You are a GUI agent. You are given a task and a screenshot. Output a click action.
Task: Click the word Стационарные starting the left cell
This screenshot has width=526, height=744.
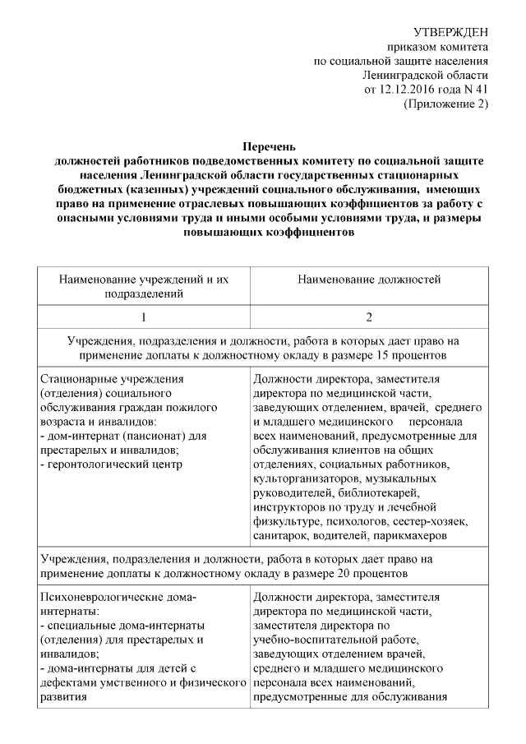pyautogui.click(x=81, y=380)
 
